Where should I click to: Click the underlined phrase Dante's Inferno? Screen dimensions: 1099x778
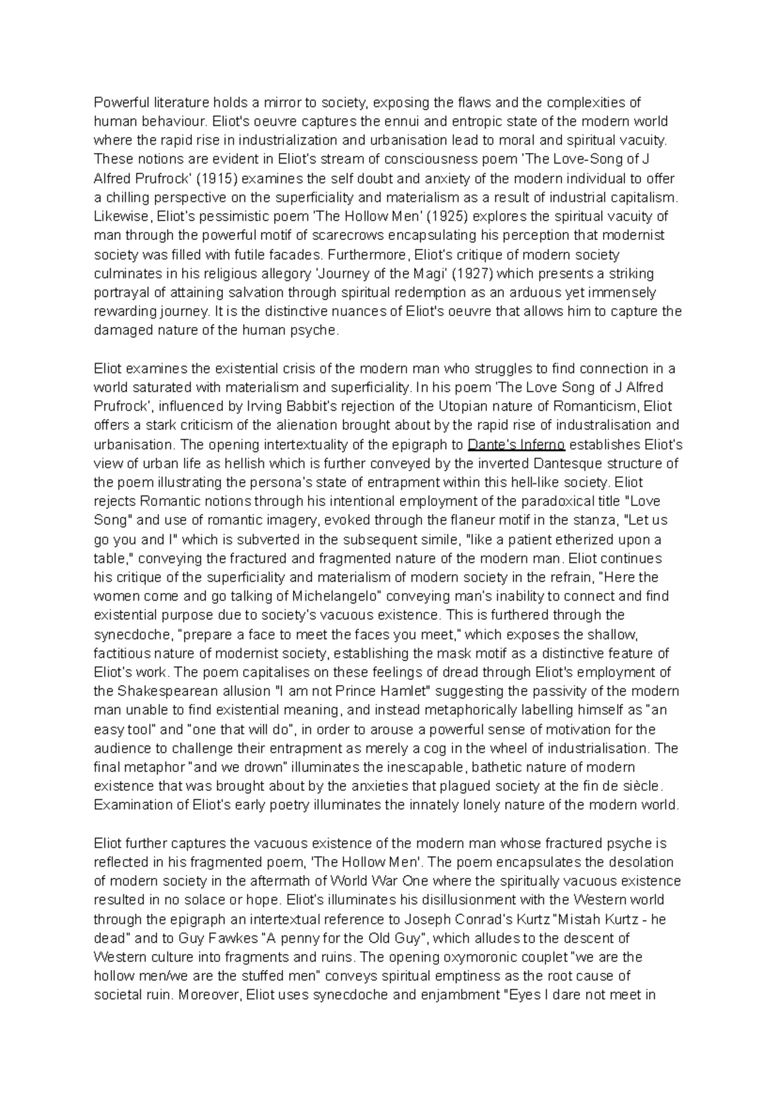coord(516,444)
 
